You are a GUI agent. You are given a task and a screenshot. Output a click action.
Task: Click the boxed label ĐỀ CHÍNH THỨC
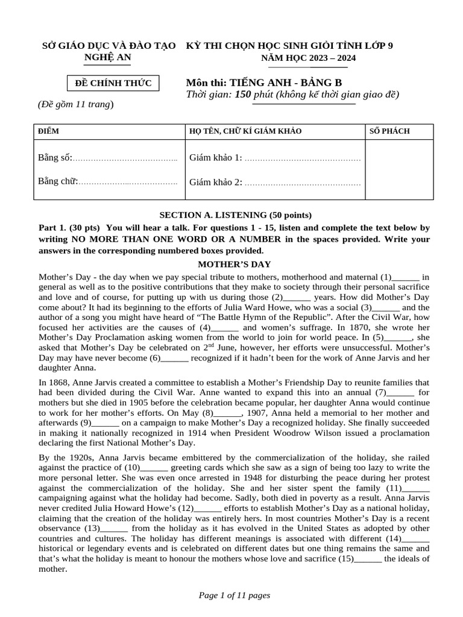pos(113,83)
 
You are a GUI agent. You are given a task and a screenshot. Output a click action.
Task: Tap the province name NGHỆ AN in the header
pos(107,57)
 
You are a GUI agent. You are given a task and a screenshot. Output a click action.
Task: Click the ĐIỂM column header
pos(49,131)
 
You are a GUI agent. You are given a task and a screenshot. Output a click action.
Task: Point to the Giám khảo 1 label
pos(215,158)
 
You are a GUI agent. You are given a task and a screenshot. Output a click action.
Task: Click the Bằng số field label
pos(55,158)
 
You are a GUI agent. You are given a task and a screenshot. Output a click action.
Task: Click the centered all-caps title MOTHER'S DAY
pos(235,264)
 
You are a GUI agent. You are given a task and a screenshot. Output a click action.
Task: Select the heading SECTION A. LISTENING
pos(235,215)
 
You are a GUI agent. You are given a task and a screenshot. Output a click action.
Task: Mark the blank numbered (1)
pos(405,277)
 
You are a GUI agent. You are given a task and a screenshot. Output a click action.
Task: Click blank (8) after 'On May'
pos(227,413)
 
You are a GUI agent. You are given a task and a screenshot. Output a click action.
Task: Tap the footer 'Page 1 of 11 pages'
pos(235,595)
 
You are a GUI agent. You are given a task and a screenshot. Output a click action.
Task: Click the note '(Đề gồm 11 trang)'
pos(75,104)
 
